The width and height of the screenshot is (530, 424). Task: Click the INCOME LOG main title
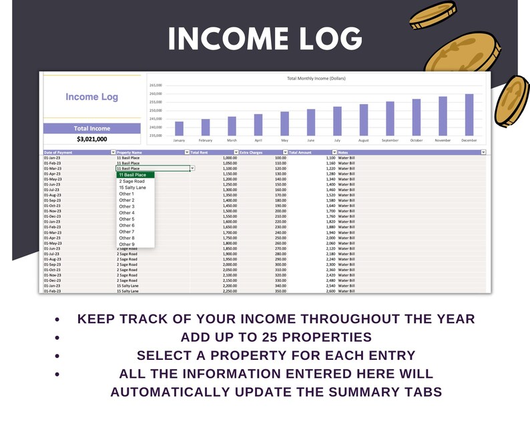click(265, 39)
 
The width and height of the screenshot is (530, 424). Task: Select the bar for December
click(469, 115)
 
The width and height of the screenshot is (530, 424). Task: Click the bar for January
click(179, 128)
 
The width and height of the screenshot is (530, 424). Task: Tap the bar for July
click(337, 121)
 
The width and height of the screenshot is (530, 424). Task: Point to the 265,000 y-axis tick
click(156, 86)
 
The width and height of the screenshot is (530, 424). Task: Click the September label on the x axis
click(390, 140)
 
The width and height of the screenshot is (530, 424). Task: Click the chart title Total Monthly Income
click(316, 78)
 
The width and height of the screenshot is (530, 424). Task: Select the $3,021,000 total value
click(91, 139)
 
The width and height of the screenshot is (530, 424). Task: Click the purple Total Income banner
click(91, 128)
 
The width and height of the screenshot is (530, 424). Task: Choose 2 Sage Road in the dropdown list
click(131, 182)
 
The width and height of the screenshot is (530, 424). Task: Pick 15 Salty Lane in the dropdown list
click(133, 188)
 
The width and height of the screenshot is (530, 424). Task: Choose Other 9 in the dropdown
click(126, 244)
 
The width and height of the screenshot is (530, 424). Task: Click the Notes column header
click(344, 153)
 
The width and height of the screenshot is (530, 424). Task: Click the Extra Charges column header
click(252, 153)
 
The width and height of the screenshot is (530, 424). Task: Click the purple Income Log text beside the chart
click(91, 97)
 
